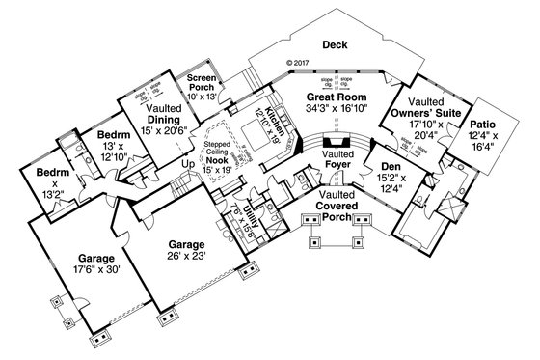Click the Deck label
click(334, 44)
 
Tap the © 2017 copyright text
click(302, 66)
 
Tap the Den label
click(391, 165)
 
